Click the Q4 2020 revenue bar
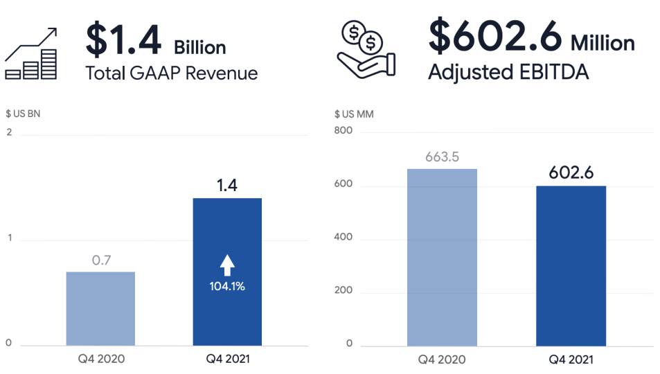pyautogui.click(x=100, y=308)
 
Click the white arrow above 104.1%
pyautogui.click(x=227, y=265)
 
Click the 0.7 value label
pyautogui.click(x=101, y=260)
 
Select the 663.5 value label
pyautogui.click(x=442, y=157)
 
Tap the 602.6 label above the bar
pyautogui.click(x=571, y=173)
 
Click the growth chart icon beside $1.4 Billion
pyautogui.click(x=31, y=53)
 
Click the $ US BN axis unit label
pyautogui.click(x=23, y=114)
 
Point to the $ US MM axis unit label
pyautogui.click(x=354, y=114)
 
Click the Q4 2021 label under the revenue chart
pyautogui.click(x=226, y=359)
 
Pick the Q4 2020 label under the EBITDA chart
pyautogui.click(x=442, y=359)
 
